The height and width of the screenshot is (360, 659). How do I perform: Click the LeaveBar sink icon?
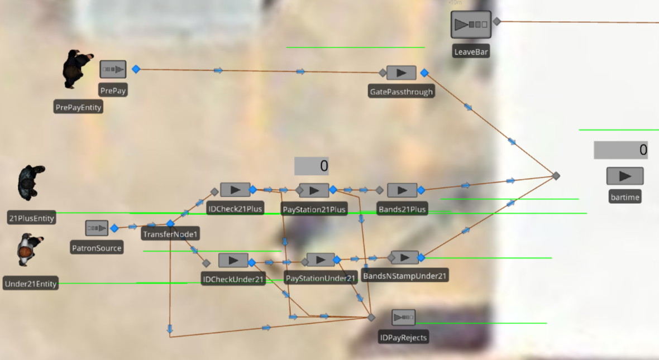pyautogui.click(x=471, y=25)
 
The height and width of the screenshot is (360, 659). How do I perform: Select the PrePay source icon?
pyautogui.click(x=113, y=69)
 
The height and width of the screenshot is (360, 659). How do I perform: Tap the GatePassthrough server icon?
pyautogui.click(x=401, y=73)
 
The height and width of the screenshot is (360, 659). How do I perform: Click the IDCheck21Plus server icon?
pyautogui.click(x=235, y=190)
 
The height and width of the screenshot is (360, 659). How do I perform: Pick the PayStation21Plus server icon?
pyautogui.click(x=314, y=190)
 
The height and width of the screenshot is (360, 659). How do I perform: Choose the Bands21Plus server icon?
pyautogui.click(x=402, y=190)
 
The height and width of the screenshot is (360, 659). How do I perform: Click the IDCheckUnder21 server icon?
pyautogui.click(x=233, y=260)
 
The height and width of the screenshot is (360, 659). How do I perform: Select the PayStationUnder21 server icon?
pyautogui.click(x=321, y=260)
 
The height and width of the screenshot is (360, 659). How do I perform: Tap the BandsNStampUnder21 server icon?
pyautogui.click(x=405, y=257)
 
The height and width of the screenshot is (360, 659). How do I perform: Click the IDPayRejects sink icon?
pyautogui.click(x=403, y=318)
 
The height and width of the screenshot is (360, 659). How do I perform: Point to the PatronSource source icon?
pyautogui.click(x=97, y=228)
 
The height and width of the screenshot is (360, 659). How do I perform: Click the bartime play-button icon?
pyautogui.click(x=625, y=176)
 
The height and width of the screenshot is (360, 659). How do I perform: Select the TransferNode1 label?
pyautogui.click(x=170, y=234)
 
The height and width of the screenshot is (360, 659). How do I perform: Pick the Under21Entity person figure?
pyautogui.click(x=29, y=249)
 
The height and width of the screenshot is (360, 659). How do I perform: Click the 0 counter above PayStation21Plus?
pyautogui.click(x=312, y=166)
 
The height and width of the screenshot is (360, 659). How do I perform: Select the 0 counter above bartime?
pyautogui.click(x=620, y=150)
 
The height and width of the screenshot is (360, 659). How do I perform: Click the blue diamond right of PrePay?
pyautogui.click(x=136, y=69)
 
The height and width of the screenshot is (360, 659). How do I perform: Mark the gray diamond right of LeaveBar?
pyautogui.click(x=496, y=22)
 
